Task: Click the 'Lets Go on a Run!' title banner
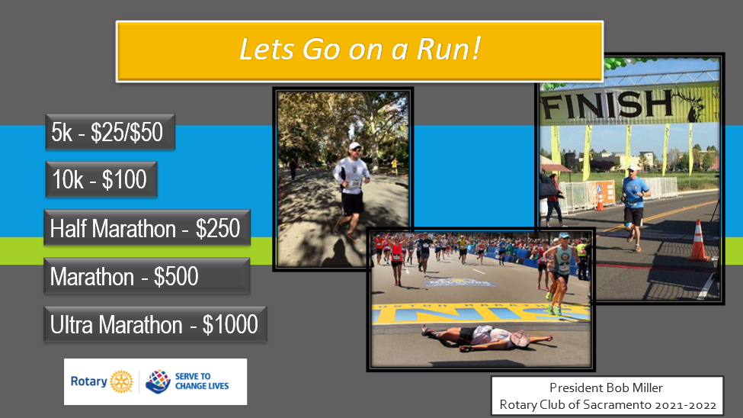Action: click(x=360, y=51)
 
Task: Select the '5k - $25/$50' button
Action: click(x=110, y=132)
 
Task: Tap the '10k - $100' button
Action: click(x=101, y=179)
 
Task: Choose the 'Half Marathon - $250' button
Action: click(x=147, y=228)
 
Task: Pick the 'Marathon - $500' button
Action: click(x=147, y=276)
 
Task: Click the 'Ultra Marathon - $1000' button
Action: click(x=155, y=324)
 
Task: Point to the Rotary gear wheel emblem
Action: click(x=121, y=381)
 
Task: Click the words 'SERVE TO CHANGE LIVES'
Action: click(x=202, y=381)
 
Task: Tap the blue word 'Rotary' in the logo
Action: click(x=89, y=381)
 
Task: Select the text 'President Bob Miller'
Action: click(x=606, y=387)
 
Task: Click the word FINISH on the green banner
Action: click(x=607, y=104)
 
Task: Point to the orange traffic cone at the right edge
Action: click(x=699, y=240)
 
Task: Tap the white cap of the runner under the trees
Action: click(x=354, y=146)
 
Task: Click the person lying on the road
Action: click(x=487, y=338)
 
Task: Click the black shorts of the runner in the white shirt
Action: click(x=353, y=204)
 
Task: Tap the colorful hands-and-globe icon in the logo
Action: click(x=158, y=381)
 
